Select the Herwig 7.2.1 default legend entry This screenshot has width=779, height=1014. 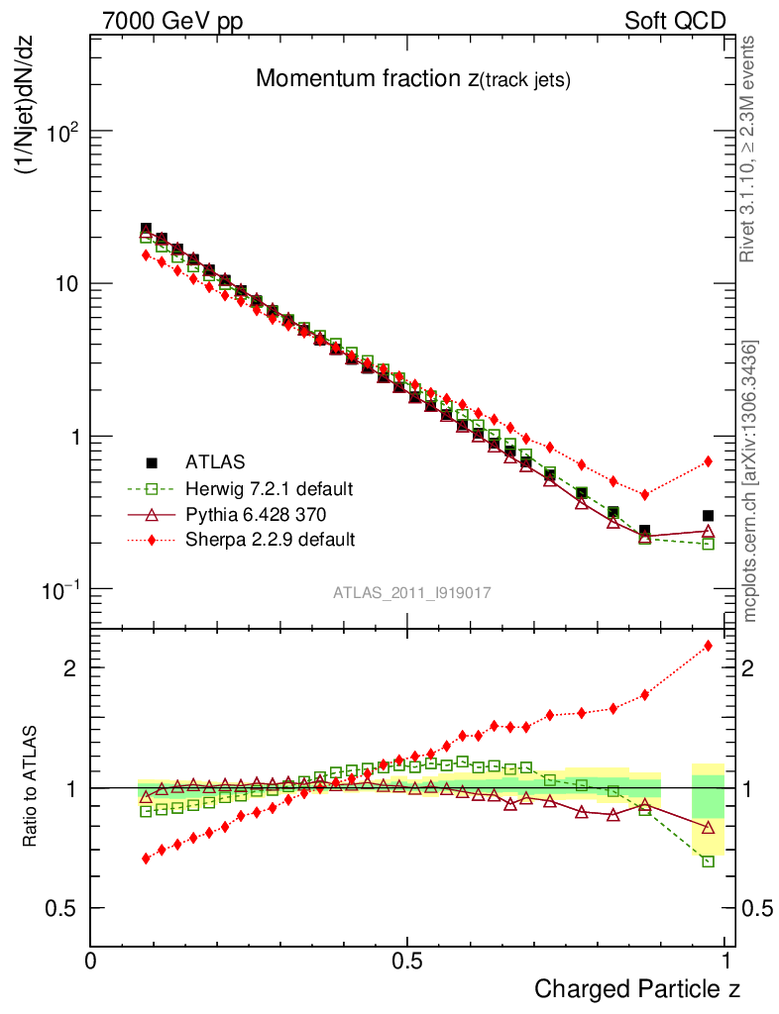point(269,488)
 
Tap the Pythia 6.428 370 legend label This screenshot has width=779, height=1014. point(256,514)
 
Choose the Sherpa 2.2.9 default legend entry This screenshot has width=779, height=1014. point(270,540)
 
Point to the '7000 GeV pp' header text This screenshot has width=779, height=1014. point(179,20)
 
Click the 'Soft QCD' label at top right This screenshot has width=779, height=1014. point(675,20)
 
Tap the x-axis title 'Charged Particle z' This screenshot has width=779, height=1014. point(636,988)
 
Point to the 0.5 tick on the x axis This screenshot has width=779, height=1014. point(406,962)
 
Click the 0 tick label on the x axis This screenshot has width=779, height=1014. point(90,962)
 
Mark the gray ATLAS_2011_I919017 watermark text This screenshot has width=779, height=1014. point(412,592)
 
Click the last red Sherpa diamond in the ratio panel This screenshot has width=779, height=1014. point(708,647)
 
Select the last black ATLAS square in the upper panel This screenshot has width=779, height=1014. point(708,516)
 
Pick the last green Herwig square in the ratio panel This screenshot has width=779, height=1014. point(708,862)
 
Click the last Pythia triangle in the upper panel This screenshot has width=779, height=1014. point(708,532)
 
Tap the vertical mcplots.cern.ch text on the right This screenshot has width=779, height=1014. point(751,480)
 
